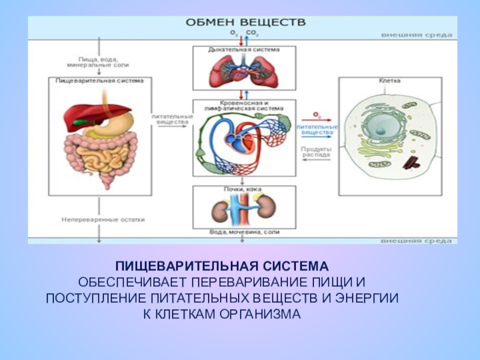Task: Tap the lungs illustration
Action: click(x=242, y=70)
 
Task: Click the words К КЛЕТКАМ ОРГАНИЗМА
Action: click(x=223, y=314)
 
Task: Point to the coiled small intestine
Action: click(x=108, y=157)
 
